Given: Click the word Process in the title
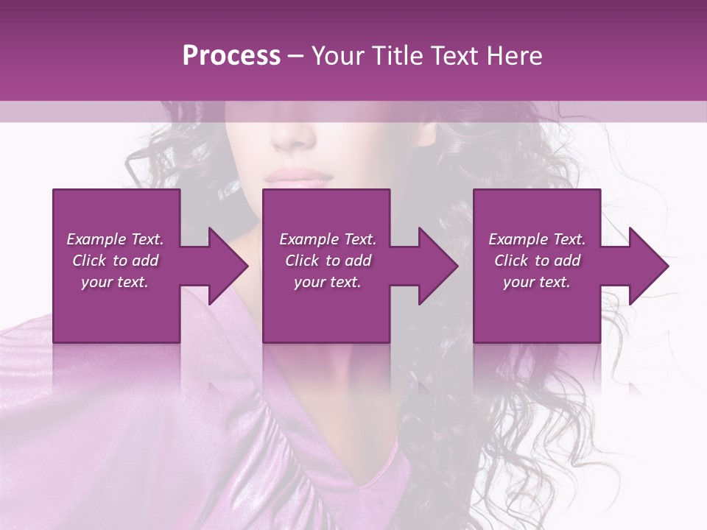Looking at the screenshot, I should point(231,56).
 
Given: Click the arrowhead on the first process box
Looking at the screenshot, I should point(224,266).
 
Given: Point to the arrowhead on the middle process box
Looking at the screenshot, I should point(435,266).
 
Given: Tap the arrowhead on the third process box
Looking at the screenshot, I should point(644,266).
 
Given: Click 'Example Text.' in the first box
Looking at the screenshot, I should point(115,239).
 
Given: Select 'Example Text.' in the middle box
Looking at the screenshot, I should point(327,239).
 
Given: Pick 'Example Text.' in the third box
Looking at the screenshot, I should point(537,239).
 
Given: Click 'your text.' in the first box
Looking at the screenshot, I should point(115,282).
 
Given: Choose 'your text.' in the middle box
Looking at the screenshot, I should point(327,282).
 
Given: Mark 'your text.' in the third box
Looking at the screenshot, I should point(537,282).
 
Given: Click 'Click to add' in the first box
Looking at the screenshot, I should point(115,261).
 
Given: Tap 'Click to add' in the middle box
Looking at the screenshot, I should point(327,261).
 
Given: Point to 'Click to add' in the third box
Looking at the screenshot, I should point(537,261).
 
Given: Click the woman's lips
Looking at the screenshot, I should point(299,177).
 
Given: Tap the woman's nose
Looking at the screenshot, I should point(295,136).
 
